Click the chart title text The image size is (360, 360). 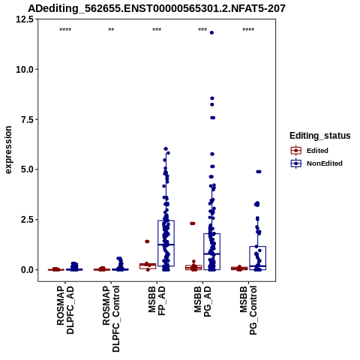click(157, 8)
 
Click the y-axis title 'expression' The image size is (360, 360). click(8, 150)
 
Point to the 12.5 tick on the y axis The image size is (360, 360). click(25, 19)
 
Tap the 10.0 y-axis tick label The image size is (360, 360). click(25, 69)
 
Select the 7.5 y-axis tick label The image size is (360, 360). click(27, 119)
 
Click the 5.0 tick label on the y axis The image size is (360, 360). click(27, 169)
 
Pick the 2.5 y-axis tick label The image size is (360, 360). click(27, 220)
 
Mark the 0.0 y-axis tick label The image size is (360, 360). click(27, 270)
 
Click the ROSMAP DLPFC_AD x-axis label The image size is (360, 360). click(65, 310)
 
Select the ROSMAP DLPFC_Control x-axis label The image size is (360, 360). click(111, 319)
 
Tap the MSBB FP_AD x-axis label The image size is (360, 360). click(157, 301)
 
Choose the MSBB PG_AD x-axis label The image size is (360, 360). click(202, 301)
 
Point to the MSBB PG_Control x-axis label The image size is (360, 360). click(248, 310)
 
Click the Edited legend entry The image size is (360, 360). click(309, 151)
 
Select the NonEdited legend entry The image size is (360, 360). click(316, 163)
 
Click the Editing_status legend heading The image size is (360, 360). click(320, 136)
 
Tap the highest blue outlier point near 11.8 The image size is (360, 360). click(211, 33)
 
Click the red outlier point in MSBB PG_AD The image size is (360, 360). click(193, 223)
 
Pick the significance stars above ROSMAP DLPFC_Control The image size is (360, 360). click(111, 30)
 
